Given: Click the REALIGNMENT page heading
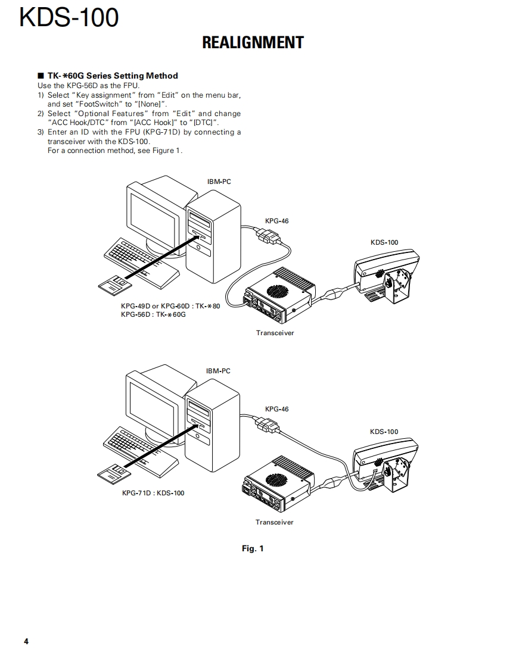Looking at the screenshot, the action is (x=253, y=43).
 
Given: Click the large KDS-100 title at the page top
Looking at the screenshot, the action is (x=69, y=17).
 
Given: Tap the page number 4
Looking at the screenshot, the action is (x=26, y=641).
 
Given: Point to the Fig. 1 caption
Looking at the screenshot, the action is (x=253, y=548).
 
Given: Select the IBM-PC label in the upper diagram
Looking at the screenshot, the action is (x=219, y=182).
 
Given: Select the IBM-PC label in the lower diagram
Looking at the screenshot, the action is (x=218, y=371).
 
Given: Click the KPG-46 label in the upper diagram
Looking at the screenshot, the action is (x=276, y=221).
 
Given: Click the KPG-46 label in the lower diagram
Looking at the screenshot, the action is (x=276, y=409).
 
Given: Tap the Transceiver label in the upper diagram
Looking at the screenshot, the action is (x=275, y=333).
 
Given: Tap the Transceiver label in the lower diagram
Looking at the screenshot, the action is (x=275, y=522).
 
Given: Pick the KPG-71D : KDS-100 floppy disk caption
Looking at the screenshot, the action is (x=153, y=493).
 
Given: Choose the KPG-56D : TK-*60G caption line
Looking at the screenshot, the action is (x=154, y=314).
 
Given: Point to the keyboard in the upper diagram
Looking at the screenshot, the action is (x=142, y=263).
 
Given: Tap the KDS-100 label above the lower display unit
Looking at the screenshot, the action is (x=384, y=432).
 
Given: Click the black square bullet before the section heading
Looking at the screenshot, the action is (x=41, y=76).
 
